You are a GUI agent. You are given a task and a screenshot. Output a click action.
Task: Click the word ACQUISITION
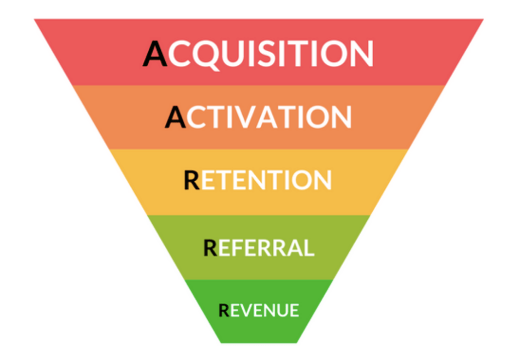pos(258,54)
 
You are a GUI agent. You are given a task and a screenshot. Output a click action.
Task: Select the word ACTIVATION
pos(258,117)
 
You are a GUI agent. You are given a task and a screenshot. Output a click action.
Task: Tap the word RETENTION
pos(258,181)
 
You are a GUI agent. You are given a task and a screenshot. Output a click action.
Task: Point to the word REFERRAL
pos(259,248)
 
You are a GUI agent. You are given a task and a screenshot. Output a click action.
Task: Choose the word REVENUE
pos(259,310)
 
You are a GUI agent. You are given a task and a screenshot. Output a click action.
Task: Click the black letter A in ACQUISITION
pos(155,54)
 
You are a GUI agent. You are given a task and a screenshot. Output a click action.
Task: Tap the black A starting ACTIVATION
pos(175,117)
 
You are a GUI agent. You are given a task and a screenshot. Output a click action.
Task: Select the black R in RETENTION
pos(192,181)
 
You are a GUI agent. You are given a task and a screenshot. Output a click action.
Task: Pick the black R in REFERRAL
pos(210,248)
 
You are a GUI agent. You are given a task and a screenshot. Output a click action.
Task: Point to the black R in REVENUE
pos(224,310)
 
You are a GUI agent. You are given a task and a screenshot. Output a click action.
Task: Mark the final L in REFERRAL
pos(309,248)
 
